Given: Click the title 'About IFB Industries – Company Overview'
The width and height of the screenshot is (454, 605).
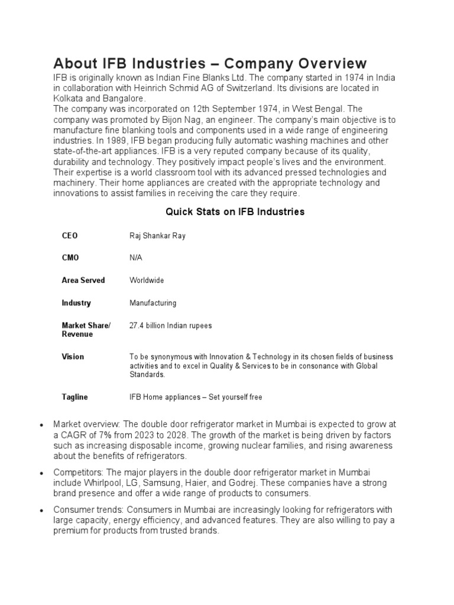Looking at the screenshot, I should (210, 63).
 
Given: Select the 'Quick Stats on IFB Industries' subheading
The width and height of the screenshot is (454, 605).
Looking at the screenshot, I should (235, 211).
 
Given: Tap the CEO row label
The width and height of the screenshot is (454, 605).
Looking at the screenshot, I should (70, 236).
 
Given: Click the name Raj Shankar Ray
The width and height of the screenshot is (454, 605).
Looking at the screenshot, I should (157, 236).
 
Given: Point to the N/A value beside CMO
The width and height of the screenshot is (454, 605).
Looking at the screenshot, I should (136, 258).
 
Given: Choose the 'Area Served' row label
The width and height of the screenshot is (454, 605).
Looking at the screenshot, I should (83, 280).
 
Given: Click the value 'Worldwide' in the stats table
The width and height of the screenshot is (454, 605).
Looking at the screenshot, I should (147, 280).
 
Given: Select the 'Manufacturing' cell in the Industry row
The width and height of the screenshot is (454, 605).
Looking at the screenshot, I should (153, 303).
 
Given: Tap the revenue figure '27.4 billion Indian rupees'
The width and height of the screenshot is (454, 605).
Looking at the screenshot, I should (170, 326).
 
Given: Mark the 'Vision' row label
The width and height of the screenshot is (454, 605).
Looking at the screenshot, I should (73, 357).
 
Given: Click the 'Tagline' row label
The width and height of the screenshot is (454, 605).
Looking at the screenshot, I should (74, 397).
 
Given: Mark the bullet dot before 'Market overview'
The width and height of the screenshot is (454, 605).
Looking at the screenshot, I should (41, 425).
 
